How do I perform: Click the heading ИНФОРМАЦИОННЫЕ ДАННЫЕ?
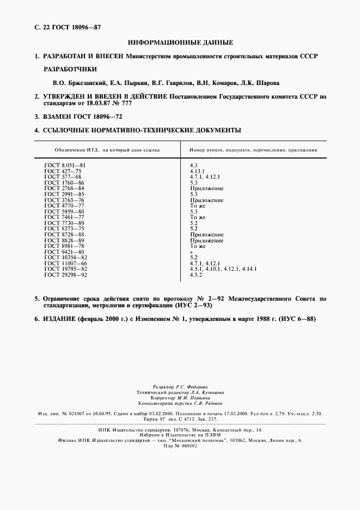(180, 42)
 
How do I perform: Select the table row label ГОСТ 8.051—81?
(64, 165)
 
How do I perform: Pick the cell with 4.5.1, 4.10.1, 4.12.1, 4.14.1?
(223, 269)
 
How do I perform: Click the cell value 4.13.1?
(197, 171)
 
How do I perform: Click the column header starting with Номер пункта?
(254, 150)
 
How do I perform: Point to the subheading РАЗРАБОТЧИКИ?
(70, 70)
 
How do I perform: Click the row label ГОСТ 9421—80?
(64, 252)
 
